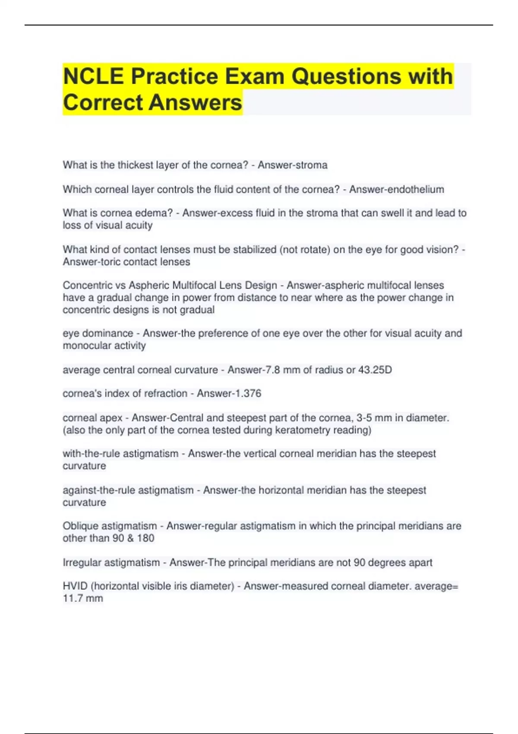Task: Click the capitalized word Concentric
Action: point(84,285)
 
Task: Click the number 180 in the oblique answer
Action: point(145,538)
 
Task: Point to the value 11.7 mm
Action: point(83,598)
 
